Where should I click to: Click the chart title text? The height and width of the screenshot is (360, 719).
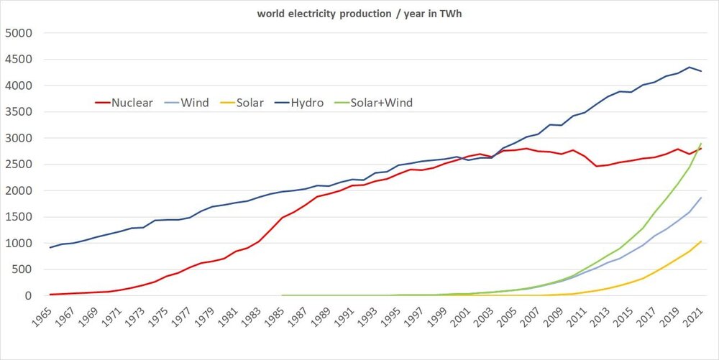tap(359, 14)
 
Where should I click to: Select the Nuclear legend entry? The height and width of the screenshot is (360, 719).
tap(124, 103)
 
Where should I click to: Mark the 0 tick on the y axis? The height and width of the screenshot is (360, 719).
tap(29, 296)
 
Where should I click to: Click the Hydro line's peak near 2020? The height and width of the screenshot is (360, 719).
tap(690, 68)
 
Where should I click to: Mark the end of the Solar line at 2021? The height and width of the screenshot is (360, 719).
tap(701, 241)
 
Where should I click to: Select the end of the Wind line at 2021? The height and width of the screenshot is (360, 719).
tap(701, 198)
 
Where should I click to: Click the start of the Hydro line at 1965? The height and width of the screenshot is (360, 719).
tap(50, 248)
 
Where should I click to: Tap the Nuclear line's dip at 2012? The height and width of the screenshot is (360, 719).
tap(596, 166)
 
